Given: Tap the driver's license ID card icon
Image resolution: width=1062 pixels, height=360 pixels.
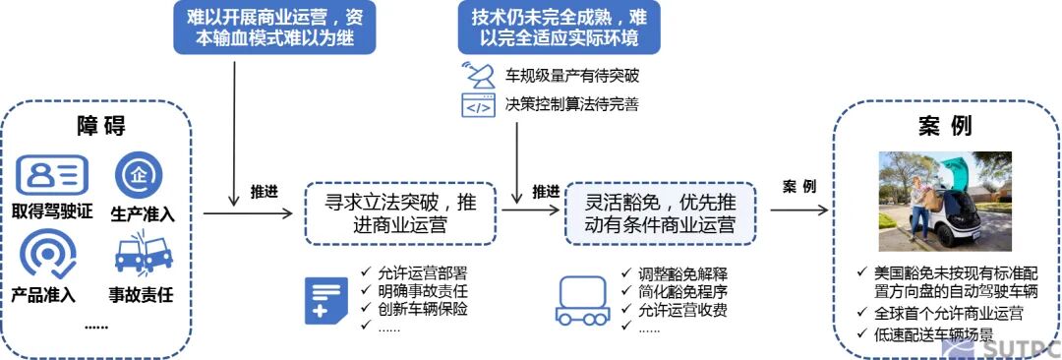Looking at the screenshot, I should pyautogui.click(x=52, y=175).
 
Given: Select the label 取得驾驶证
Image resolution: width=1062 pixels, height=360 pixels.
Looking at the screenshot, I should pyautogui.click(x=52, y=211).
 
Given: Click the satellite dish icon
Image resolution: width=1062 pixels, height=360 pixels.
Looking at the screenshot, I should pyautogui.click(x=477, y=74).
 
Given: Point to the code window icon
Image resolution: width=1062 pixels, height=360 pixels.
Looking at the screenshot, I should pyautogui.click(x=477, y=104).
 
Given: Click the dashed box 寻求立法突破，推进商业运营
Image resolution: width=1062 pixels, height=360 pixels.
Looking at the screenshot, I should pyautogui.click(x=401, y=212).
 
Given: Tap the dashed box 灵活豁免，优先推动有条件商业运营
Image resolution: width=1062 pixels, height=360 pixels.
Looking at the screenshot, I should pyautogui.click(x=660, y=212).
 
